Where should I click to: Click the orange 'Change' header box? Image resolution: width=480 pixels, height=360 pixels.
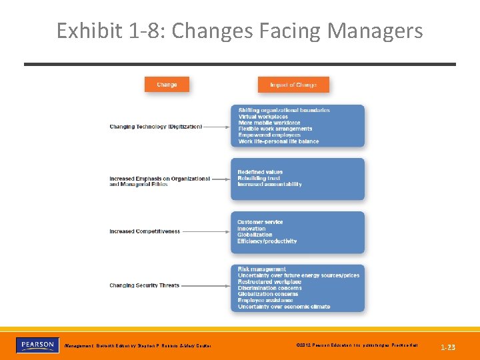[x=167, y=85]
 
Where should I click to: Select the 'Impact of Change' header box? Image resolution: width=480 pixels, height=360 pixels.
[x=293, y=85]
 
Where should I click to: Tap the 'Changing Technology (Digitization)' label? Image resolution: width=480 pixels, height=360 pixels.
[x=155, y=126]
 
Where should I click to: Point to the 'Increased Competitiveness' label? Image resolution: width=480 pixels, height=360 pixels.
[x=145, y=231]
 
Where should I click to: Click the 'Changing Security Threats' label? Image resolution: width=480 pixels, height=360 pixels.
[x=144, y=285]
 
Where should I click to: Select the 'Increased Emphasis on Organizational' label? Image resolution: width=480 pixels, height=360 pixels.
[x=159, y=179]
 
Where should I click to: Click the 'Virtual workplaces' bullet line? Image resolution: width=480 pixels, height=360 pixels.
[x=263, y=117]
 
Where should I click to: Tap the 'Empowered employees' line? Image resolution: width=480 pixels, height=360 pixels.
[x=269, y=135]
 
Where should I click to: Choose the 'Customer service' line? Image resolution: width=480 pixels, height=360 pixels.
[x=260, y=222]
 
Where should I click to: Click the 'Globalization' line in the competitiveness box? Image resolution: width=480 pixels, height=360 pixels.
[x=255, y=235]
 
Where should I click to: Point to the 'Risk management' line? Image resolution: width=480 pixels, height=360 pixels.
[x=261, y=269]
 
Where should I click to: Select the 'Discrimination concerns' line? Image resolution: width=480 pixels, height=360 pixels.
[x=269, y=288]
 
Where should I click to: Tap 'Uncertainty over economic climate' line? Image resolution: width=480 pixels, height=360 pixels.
[x=283, y=307]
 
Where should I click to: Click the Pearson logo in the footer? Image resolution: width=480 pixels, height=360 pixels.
[x=36, y=345]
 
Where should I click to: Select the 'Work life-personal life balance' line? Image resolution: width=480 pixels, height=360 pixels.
[x=279, y=141]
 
